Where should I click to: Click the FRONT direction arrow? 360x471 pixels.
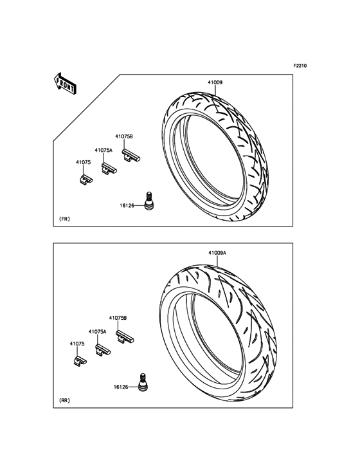[65, 84]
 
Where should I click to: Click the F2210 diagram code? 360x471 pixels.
[300, 66]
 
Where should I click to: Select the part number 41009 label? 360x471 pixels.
[215, 82]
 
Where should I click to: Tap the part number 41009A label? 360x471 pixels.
[217, 254]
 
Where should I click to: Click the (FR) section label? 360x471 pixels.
[64, 219]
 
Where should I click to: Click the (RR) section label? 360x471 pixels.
[64, 400]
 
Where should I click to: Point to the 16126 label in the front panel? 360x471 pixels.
[127, 205]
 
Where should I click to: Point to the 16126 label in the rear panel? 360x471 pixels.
[121, 387]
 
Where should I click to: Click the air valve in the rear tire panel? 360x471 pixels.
[143, 382]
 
